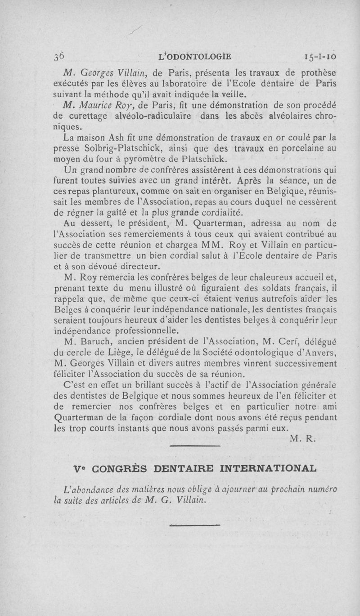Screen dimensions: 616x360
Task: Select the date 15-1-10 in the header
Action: [320, 57]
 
